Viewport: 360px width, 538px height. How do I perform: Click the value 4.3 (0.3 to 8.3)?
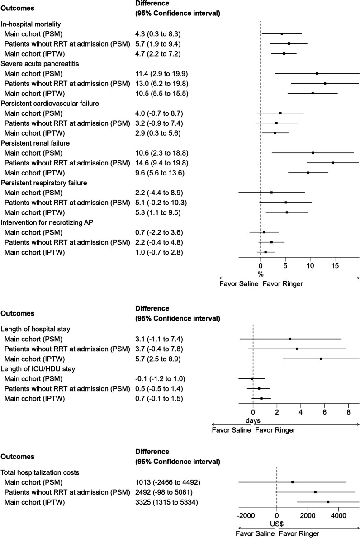pos(157,34)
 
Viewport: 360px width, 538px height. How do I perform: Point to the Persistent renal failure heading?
pos(34,143)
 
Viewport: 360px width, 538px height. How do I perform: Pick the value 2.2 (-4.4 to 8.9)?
pos(159,193)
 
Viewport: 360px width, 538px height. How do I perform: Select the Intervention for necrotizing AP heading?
pos(43,222)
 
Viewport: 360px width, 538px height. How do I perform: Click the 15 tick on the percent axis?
pos(335,266)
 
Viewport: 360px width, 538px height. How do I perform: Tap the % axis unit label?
pos(261,274)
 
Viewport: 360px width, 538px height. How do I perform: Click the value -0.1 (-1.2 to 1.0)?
pos(161,378)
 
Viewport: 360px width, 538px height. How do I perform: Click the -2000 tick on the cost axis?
pos(245,515)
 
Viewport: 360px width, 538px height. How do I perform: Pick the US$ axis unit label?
pos(277,524)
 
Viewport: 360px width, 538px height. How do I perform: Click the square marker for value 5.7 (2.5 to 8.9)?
pos(321,359)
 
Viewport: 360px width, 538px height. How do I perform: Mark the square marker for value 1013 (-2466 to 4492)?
pos(293,482)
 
